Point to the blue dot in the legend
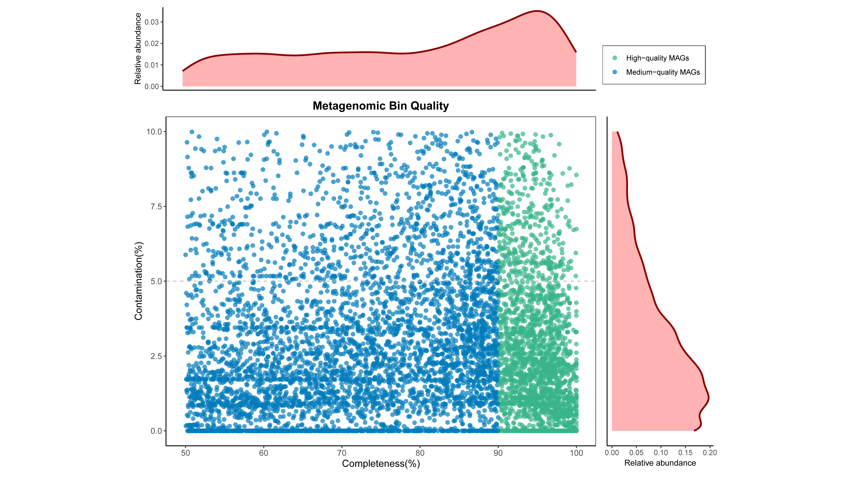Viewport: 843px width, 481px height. click(x=614, y=72)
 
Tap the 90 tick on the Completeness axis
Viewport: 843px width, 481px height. click(x=498, y=453)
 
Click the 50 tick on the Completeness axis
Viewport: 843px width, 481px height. click(x=185, y=453)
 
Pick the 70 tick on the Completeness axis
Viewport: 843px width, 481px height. click(x=342, y=453)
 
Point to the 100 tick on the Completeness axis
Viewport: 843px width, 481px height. click(x=576, y=453)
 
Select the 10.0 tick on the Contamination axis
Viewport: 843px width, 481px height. click(x=154, y=132)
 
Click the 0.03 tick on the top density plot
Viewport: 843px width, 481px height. click(x=152, y=22)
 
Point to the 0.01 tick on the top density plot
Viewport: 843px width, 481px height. click(x=152, y=65)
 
